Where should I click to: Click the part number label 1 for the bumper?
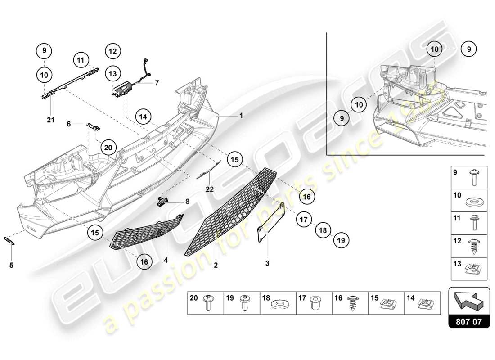(241, 115)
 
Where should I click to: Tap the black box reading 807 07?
(469, 322)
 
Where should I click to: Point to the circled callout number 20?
(108, 147)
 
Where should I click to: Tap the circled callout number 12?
(112, 51)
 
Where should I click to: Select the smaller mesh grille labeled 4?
(146, 235)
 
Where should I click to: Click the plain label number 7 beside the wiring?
(157, 83)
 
